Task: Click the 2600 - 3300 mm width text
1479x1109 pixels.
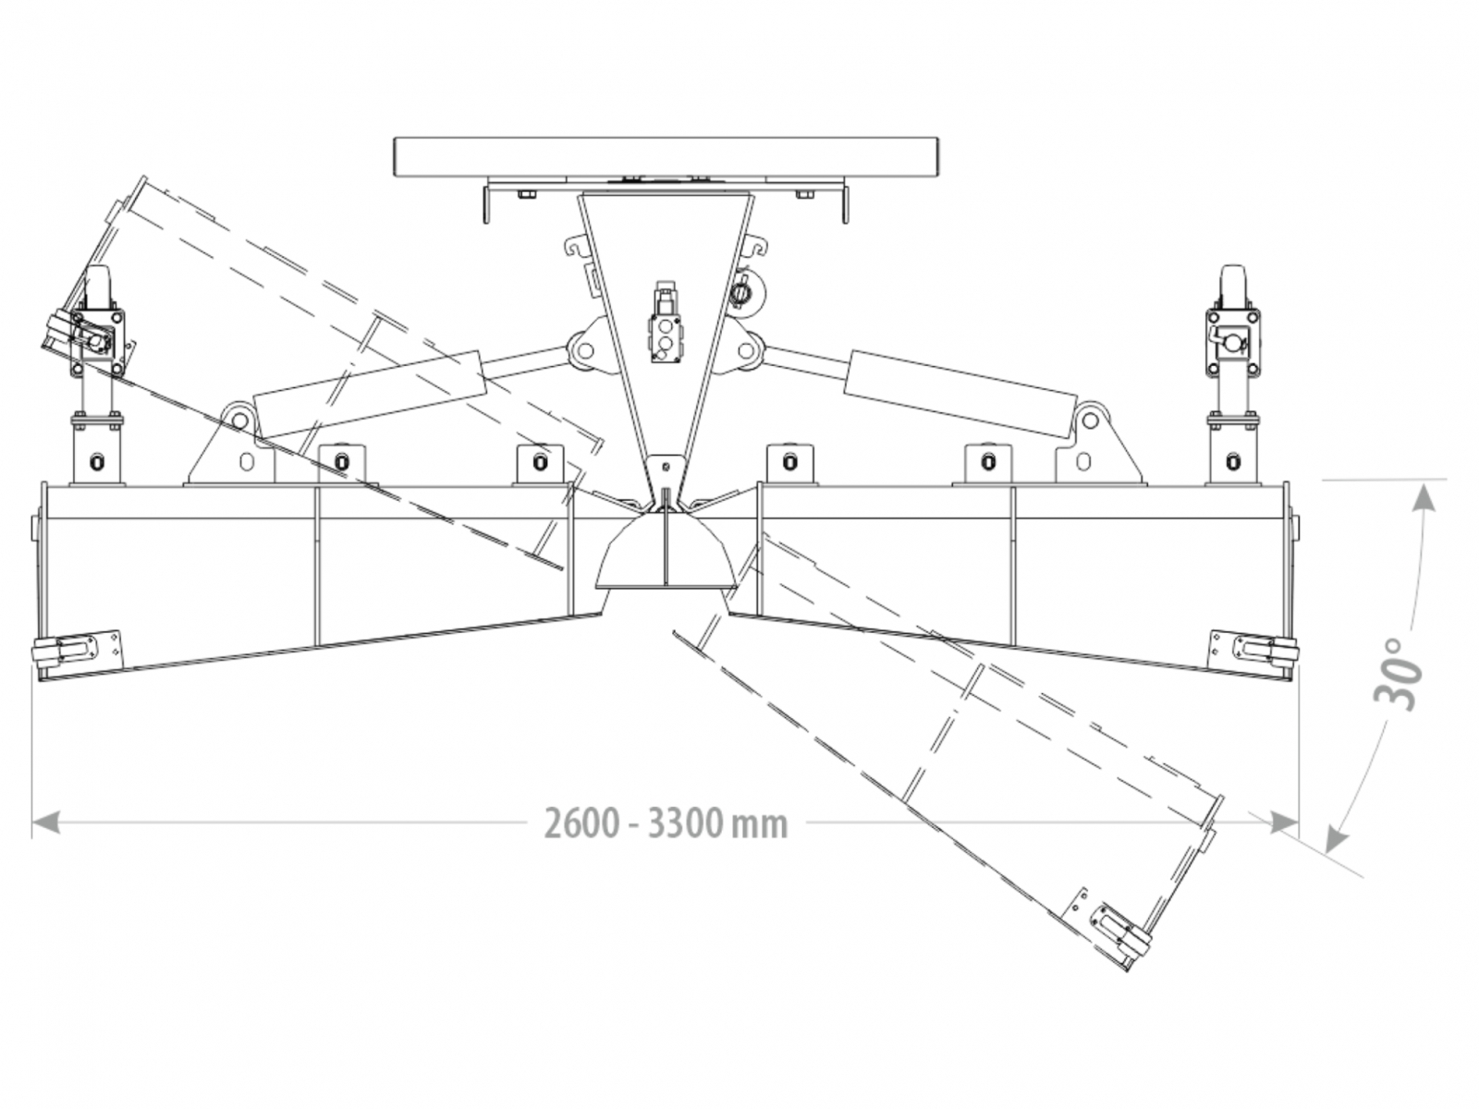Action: tap(666, 823)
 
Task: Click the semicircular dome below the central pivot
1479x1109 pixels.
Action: tap(666, 554)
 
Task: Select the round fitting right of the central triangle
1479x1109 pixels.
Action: tap(742, 292)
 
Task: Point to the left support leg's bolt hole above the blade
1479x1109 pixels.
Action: tap(97, 459)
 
